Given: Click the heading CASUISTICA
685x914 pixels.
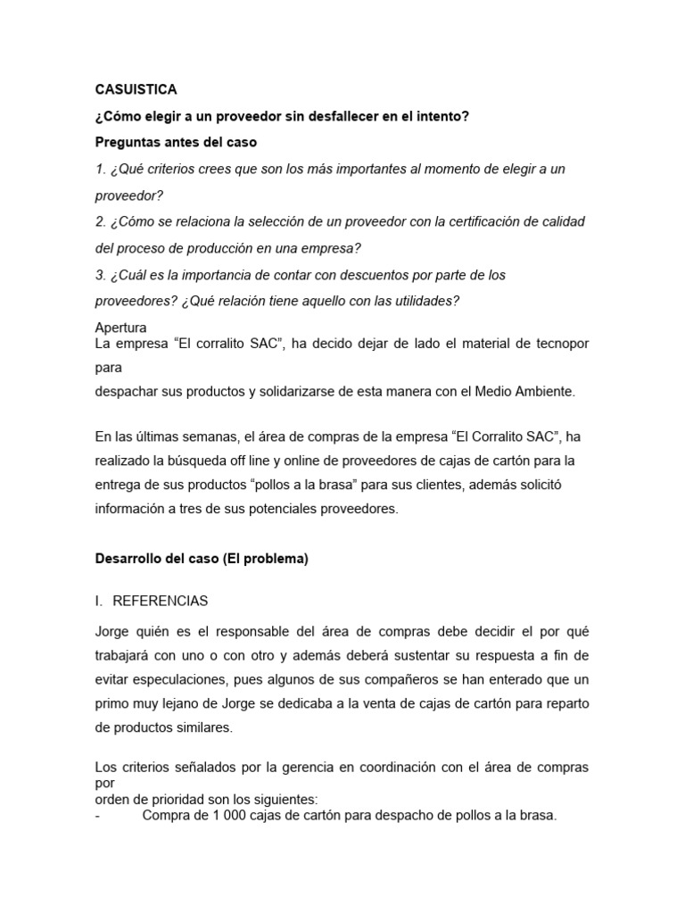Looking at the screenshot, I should click(136, 89).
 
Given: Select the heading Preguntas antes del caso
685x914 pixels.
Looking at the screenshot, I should click(176, 142).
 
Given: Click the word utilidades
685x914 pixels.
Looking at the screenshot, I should click(423, 301).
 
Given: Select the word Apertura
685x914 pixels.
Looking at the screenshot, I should click(120, 328).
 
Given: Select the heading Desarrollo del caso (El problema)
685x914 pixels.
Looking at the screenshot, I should click(202, 560).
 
